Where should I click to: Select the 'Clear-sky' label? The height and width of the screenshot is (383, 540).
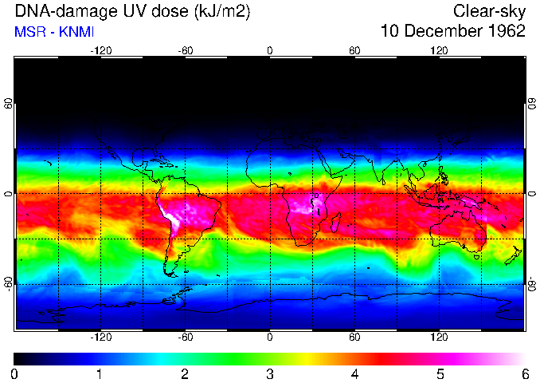[489, 11]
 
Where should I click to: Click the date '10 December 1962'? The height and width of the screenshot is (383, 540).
[452, 31]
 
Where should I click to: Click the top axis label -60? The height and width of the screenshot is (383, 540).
[186, 50]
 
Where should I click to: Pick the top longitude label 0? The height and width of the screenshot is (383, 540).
[270, 50]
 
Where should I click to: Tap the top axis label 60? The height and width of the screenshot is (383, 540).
[354, 50]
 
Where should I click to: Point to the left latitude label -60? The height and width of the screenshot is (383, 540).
[8, 284]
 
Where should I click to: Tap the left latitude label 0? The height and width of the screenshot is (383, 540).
[8, 194]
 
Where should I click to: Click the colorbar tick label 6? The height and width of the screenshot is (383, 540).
[524, 373]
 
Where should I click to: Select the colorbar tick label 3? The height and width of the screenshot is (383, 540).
[269, 373]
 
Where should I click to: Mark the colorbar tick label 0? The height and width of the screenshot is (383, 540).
[14, 373]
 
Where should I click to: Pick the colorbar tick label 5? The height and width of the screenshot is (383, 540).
[440, 373]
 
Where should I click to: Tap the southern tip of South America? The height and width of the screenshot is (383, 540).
[170, 274]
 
